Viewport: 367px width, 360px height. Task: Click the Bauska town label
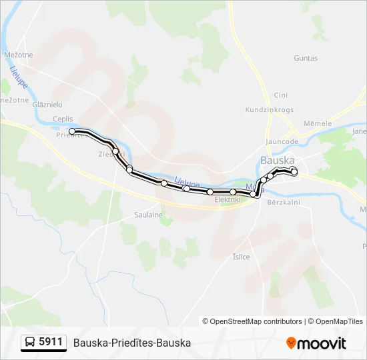point(276,161)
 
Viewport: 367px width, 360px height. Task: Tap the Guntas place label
point(306,58)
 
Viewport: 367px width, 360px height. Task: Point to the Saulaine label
point(149,215)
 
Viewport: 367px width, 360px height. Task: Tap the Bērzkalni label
point(284,202)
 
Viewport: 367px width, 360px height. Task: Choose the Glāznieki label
point(47,104)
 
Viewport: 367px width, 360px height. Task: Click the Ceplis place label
point(63,119)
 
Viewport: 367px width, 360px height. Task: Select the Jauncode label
point(281,141)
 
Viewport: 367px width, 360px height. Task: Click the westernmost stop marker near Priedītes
point(72,131)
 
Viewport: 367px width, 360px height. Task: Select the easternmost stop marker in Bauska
point(294,172)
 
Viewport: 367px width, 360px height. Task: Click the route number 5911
point(51,342)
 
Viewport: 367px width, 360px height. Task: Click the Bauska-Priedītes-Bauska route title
point(132,343)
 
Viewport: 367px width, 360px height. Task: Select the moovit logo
point(316,343)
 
